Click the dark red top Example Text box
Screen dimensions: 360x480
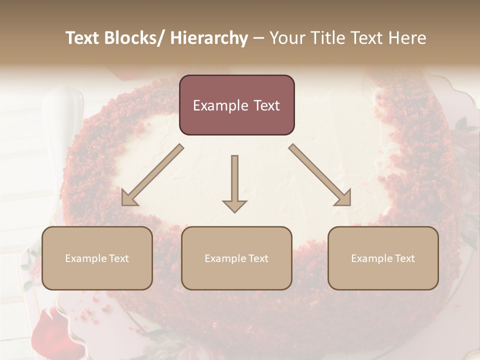pyautogui.click(x=236, y=105)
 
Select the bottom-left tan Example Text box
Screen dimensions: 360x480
pyautogui.click(x=97, y=258)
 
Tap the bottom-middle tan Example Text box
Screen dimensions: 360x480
pyautogui.click(x=236, y=258)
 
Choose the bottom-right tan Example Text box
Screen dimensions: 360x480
pyautogui.click(x=383, y=258)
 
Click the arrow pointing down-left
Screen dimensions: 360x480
pyautogui.click(x=152, y=175)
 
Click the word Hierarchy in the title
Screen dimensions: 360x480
pyautogui.click(x=209, y=38)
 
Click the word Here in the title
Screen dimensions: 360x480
pyautogui.click(x=407, y=38)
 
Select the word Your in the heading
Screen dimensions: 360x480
pyautogui.click(x=286, y=38)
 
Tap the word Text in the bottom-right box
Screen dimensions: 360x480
pyautogui.click(x=404, y=258)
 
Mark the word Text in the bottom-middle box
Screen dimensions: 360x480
pyautogui.click(x=257, y=258)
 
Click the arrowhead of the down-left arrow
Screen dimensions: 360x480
pyautogui.click(x=128, y=198)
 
